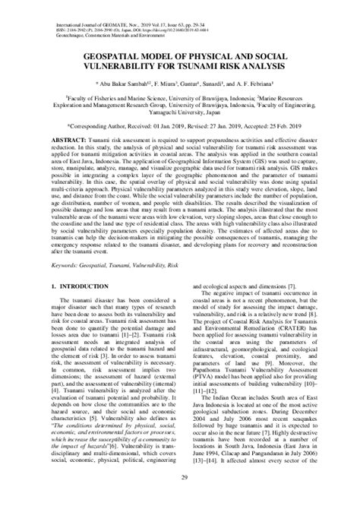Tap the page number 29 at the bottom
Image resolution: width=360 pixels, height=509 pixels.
pyautogui.click(x=180, y=498)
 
